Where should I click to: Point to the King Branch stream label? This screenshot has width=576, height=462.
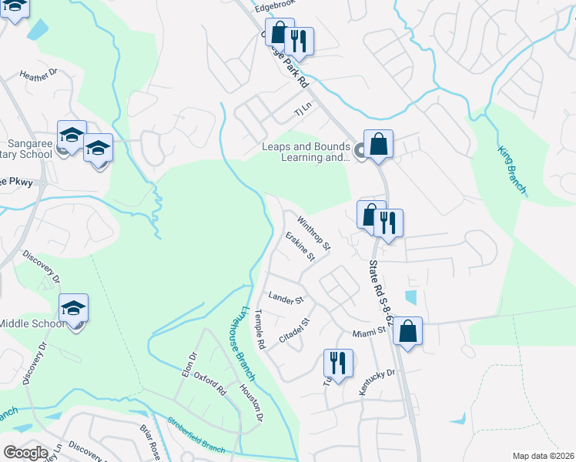tap(511, 169)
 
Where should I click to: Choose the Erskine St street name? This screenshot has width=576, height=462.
tap(300, 246)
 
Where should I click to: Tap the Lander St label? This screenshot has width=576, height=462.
tap(286, 298)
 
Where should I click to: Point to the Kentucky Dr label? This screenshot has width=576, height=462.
tap(377, 382)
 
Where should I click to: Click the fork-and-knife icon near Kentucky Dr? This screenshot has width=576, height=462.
tap(338, 363)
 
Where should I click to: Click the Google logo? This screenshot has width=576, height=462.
tap(25, 453)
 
